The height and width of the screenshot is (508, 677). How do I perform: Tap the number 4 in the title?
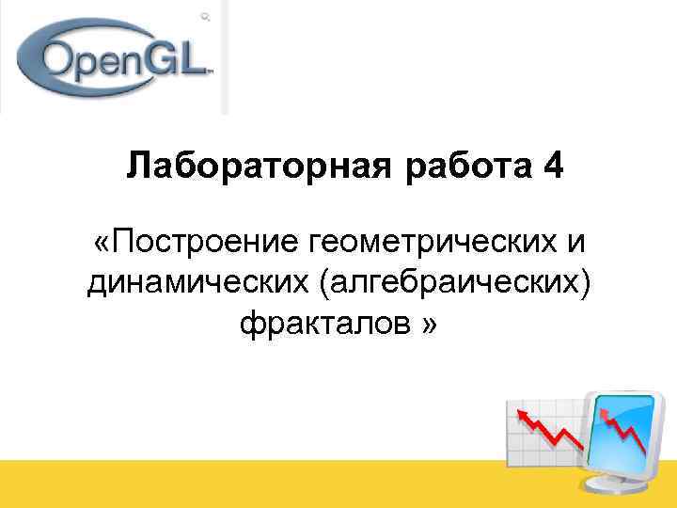click(x=554, y=168)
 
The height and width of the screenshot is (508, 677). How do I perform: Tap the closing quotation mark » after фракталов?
click(x=429, y=325)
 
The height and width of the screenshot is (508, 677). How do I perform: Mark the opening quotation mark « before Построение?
click(x=101, y=244)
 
